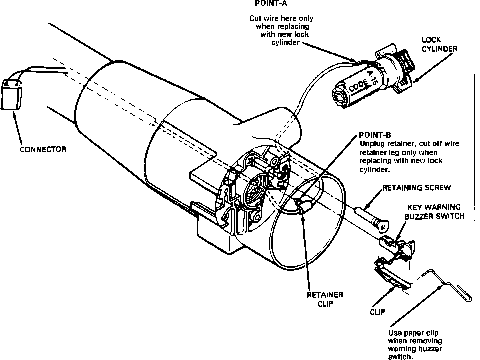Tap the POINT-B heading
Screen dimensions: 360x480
tap(375, 135)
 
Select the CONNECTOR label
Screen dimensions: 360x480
tap(43, 149)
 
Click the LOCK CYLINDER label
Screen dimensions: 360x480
tap(439, 44)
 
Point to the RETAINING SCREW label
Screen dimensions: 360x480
tap(416, 188)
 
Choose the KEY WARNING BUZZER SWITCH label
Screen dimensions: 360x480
tap(434, 212)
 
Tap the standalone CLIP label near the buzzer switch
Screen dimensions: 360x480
tap(377, 312)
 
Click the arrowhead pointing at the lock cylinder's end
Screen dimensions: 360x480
tap(414, 80)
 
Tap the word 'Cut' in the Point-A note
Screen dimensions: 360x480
tap(255, 18)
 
